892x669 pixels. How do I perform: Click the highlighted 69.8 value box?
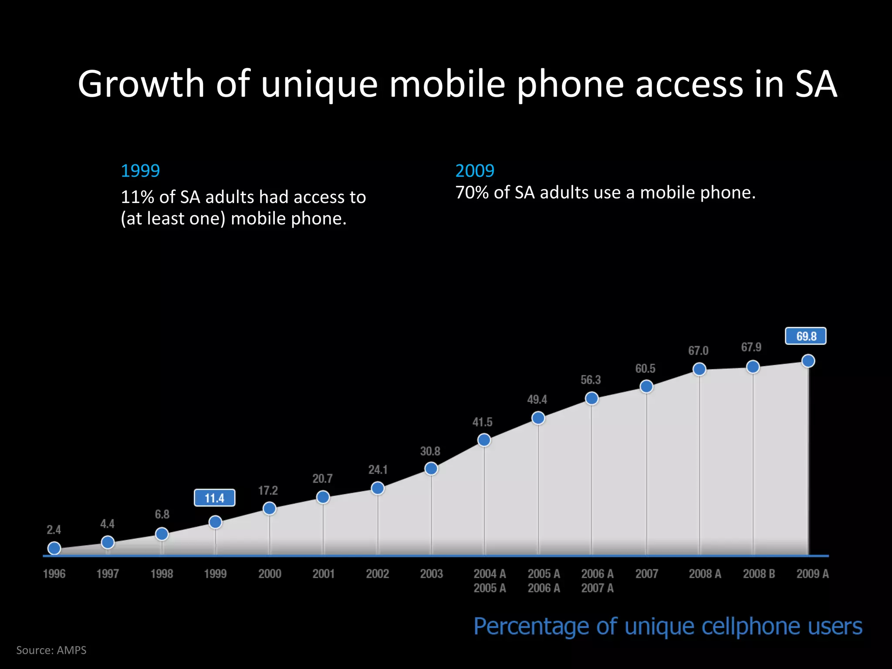tap(805, 336)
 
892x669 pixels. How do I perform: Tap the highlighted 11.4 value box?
tap(214, 498)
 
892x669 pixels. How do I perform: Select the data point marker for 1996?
tap(54, 548)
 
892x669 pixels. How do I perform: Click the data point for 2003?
tap(431, 469)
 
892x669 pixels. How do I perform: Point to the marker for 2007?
tap(646, 386)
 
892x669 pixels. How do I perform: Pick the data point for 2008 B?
tap(753, 367)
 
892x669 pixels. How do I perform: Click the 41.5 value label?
tap(482, 422)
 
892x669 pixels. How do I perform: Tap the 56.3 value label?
tap(591, 380)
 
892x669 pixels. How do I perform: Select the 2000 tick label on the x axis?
tap(270, 574)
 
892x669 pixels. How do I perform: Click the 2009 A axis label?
tap(812, 574)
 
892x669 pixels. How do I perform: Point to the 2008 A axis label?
tap(705, 574)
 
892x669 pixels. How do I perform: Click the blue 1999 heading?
tap(140, 170)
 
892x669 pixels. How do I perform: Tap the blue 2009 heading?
tap(475, 170)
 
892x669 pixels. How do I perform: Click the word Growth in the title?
tap(141, 84)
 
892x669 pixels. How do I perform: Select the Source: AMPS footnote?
tap(51, 650)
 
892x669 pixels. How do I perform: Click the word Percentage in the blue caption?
tap(531, 627)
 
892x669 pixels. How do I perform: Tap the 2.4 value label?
tap(54, 530)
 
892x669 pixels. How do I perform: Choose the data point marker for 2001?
tap(323, 497)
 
